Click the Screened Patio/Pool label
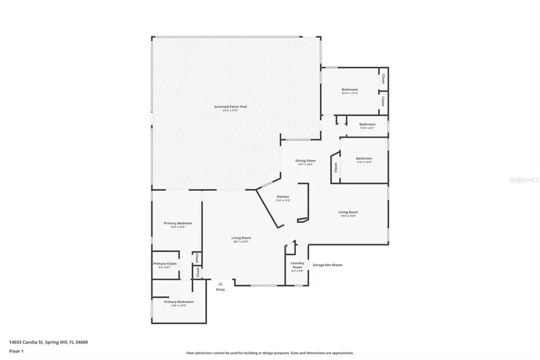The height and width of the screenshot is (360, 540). coord(230,107)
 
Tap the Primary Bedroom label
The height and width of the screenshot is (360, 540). coord(178,223)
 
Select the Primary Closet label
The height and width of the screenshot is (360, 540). coord(164,263)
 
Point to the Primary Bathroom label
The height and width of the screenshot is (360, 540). coord(179,302)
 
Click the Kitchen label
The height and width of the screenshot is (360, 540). coord(283,197)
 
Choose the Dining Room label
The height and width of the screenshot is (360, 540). coord(305,161)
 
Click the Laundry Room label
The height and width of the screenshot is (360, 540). coord(298,265)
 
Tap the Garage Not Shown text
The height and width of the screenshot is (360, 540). coord(328,264)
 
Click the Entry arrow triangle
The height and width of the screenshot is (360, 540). coord(220,284)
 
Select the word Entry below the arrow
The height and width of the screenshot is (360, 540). coord(221,290)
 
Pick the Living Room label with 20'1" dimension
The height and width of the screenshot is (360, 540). coord(241,238)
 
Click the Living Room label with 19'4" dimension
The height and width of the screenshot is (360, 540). coord(348,212)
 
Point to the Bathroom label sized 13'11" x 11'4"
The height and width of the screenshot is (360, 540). coord(350,89)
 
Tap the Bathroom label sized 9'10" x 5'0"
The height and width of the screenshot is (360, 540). coord(367,124)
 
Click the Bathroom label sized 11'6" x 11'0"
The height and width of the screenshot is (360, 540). coord(364,158)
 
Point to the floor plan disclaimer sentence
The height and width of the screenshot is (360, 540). coord(270,353)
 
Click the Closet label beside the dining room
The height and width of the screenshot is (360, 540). coord(335,168)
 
